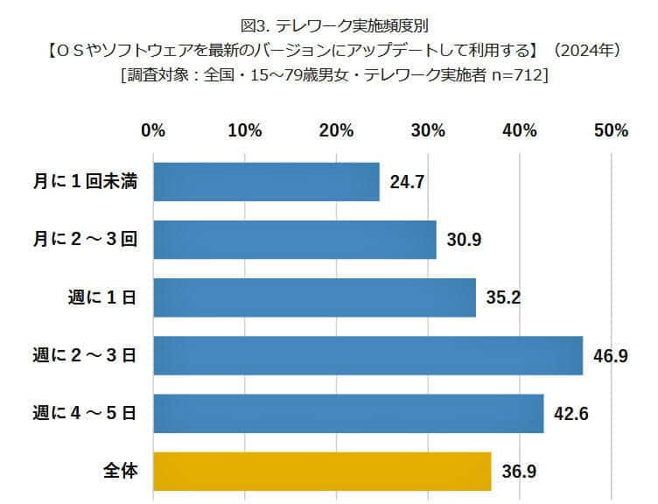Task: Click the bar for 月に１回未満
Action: click(x=266, y=182)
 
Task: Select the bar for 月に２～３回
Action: click(x=294, y=240)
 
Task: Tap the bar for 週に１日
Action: click(x=314, y=297)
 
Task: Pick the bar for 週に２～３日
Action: click(x=367, y=355)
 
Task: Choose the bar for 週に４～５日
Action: click(x=348, y=413)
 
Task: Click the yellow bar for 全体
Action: click(x=322, y=471)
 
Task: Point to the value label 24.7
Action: click(x=406, y=183)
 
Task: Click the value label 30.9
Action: click(x=463, y=241)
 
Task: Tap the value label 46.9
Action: click(x=610, y=356)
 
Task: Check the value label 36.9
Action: click(x=518, y=472)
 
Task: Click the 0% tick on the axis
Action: click(x=153, y=130)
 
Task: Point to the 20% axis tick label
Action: click(x=336, y=130)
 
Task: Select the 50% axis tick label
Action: click(x=611, y=130)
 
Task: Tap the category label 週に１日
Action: click(x=101, y=297)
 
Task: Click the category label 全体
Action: click(x=119, y=471)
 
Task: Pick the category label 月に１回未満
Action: click(x=84, y=182)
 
